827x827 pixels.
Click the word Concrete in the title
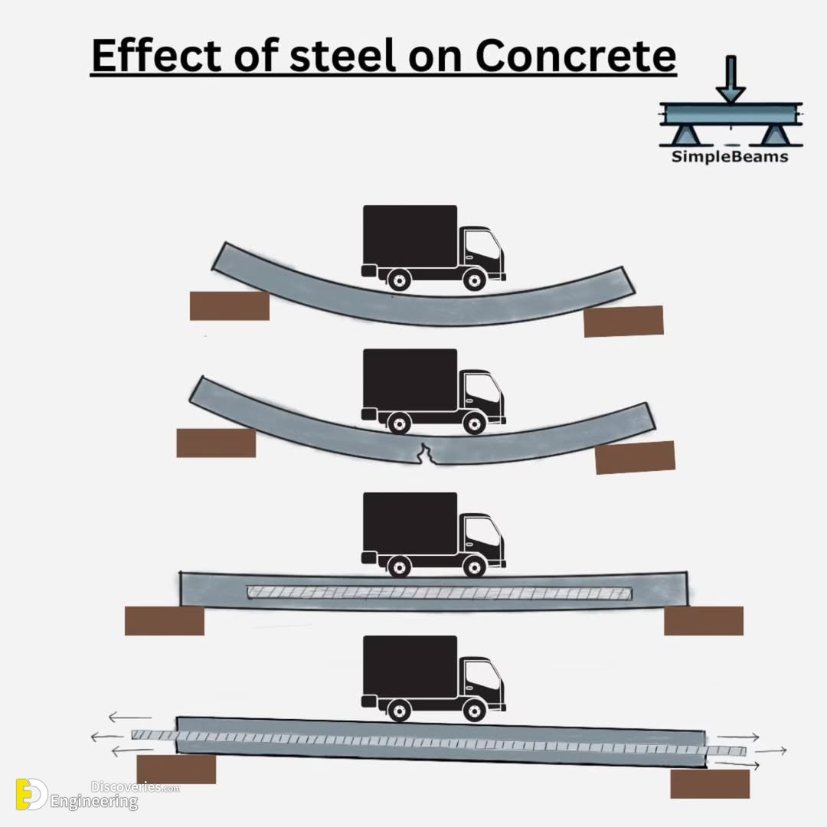click(575, 55)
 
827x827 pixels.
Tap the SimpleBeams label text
click(730, 157)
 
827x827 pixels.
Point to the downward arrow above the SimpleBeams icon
click(731, 79)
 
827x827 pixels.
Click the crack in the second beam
click(424, 454)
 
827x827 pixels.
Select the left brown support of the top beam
click(230, 306)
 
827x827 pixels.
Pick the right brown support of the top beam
click(623, 321)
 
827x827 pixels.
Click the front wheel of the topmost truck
click(474, 279)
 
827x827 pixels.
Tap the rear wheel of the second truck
click(399, 423)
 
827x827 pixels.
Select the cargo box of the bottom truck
click(410, 666)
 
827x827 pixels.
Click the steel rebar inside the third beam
click(440, 593)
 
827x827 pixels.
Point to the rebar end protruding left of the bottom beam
click(153, 734)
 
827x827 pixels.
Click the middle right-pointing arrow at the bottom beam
click(770, 750)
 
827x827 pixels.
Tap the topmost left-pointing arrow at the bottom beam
click(129, 717)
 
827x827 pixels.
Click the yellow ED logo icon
click(31, 794)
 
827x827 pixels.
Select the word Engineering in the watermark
click(94, 802)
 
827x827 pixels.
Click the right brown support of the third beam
click(704, 621)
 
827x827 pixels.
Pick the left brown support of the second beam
click(216, 443)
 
